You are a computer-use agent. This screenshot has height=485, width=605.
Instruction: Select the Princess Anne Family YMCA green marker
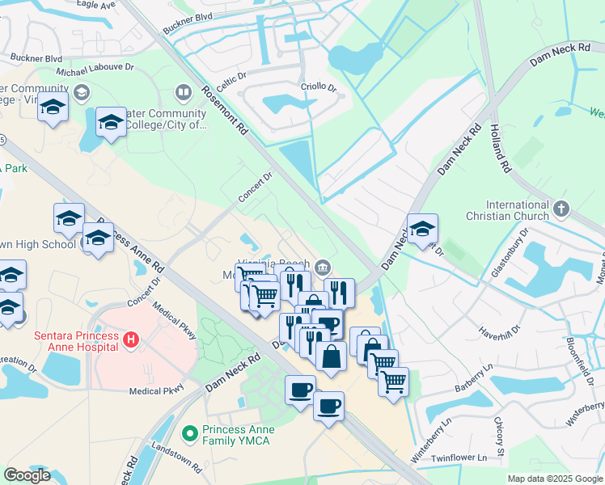tap(191, 435)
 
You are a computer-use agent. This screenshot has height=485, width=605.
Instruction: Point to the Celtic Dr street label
tap(230, 79)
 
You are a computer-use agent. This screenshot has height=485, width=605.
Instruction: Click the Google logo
tap(27, 475)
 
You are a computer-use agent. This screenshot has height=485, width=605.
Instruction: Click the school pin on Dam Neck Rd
tap(422, 228)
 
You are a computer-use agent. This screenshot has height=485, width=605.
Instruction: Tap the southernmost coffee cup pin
tap(328, 405)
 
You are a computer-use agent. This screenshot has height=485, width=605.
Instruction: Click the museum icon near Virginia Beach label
tap(323, 267)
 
